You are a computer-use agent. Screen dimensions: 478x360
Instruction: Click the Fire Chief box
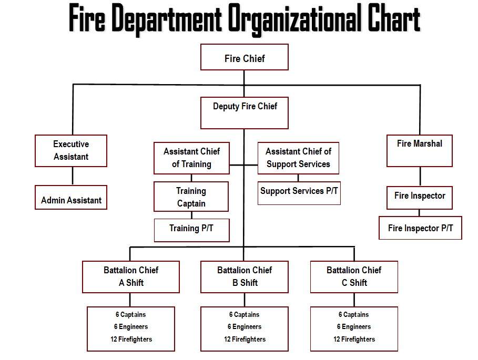coord(245,57)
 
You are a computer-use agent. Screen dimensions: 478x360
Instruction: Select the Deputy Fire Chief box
coord(245,113)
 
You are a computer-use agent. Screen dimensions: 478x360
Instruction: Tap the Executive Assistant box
coord(71,151)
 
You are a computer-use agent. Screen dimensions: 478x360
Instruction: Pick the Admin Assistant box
coord(71,198)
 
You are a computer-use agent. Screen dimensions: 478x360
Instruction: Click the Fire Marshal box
coord(420,151)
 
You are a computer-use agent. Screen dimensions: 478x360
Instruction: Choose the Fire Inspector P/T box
coord(420,228)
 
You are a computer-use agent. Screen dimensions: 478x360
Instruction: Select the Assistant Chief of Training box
coord(192,158)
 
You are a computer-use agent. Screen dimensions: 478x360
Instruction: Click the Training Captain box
coord(191,197)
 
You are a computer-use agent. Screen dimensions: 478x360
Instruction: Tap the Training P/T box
coord(192,230)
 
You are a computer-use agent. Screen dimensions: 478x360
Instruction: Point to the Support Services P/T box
coord(299,193)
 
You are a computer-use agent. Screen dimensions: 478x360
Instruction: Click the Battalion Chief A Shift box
coord(131,277)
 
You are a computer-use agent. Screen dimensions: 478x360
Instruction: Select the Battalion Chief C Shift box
coord(354,277)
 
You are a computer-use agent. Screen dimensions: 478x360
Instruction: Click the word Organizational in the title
coord(295,19)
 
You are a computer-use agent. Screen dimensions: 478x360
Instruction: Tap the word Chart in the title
coord(394,18)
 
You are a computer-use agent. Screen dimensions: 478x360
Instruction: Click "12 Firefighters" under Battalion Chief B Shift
coord(245,339)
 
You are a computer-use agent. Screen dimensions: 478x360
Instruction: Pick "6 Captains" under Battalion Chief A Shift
coord(131,314)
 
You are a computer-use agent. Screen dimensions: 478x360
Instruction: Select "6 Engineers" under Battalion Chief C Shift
coord(354,326)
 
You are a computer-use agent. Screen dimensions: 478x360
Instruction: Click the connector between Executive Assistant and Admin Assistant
coord(73,176)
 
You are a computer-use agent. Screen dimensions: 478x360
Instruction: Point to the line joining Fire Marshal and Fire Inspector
coord(420,177)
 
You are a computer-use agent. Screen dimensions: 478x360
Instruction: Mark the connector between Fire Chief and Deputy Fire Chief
coord(244,84)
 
